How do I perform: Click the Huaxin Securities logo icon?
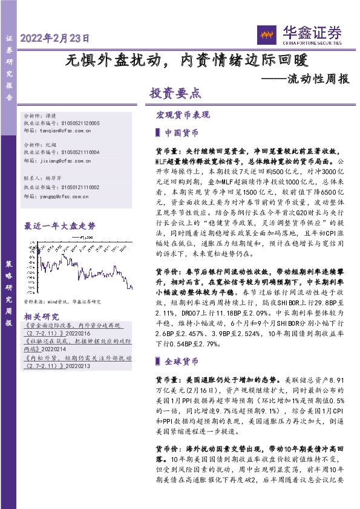point(267,34)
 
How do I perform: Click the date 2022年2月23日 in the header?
point(56,37)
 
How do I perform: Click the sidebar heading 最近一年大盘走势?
point(59,226)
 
